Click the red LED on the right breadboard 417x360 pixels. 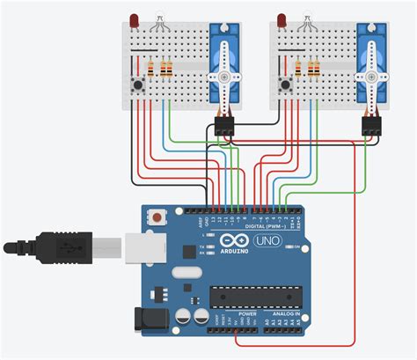click(x=281, y=18)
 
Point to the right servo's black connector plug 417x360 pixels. click(x=373, y=127)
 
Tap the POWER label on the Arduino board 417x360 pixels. click(x=247, y=314)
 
